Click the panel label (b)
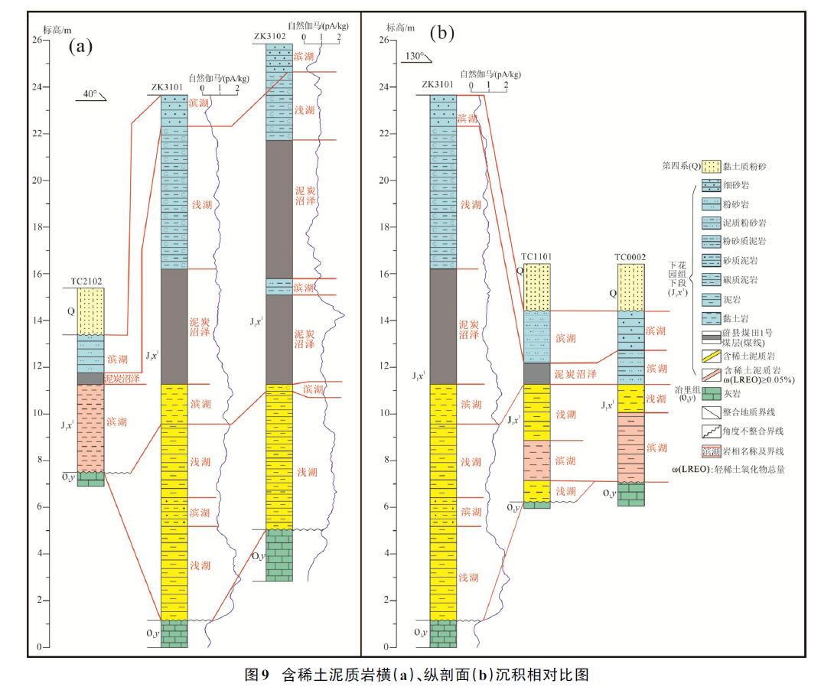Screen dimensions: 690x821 [442, 33]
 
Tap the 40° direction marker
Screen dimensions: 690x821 [90, 95]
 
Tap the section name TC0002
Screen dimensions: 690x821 [630, 257]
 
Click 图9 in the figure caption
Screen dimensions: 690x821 [257, 674]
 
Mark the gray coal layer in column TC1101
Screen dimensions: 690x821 [536, 373]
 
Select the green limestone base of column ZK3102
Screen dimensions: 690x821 [279, 555]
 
